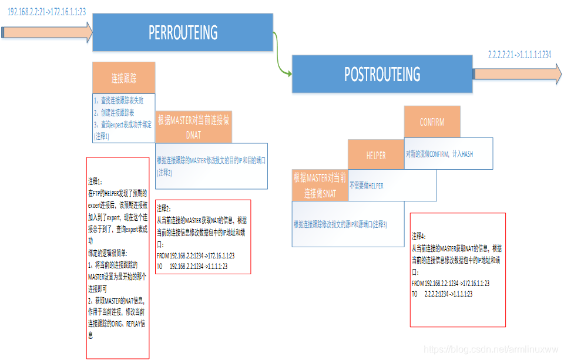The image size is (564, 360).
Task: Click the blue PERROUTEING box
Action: point(183,32)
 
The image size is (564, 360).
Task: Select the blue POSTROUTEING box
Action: point(382,74)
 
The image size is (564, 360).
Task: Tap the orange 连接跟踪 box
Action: point(124,78)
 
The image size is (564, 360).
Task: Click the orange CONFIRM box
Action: point(432,122)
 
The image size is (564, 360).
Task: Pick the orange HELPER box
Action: point(376,155)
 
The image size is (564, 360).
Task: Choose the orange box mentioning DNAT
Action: point(194,126)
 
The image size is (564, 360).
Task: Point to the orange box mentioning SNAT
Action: point(320,185)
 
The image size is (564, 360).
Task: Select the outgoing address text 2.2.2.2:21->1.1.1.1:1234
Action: point(519,55)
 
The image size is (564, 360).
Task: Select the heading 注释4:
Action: point(419,235)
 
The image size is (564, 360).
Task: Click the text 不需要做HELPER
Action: point(367,185)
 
